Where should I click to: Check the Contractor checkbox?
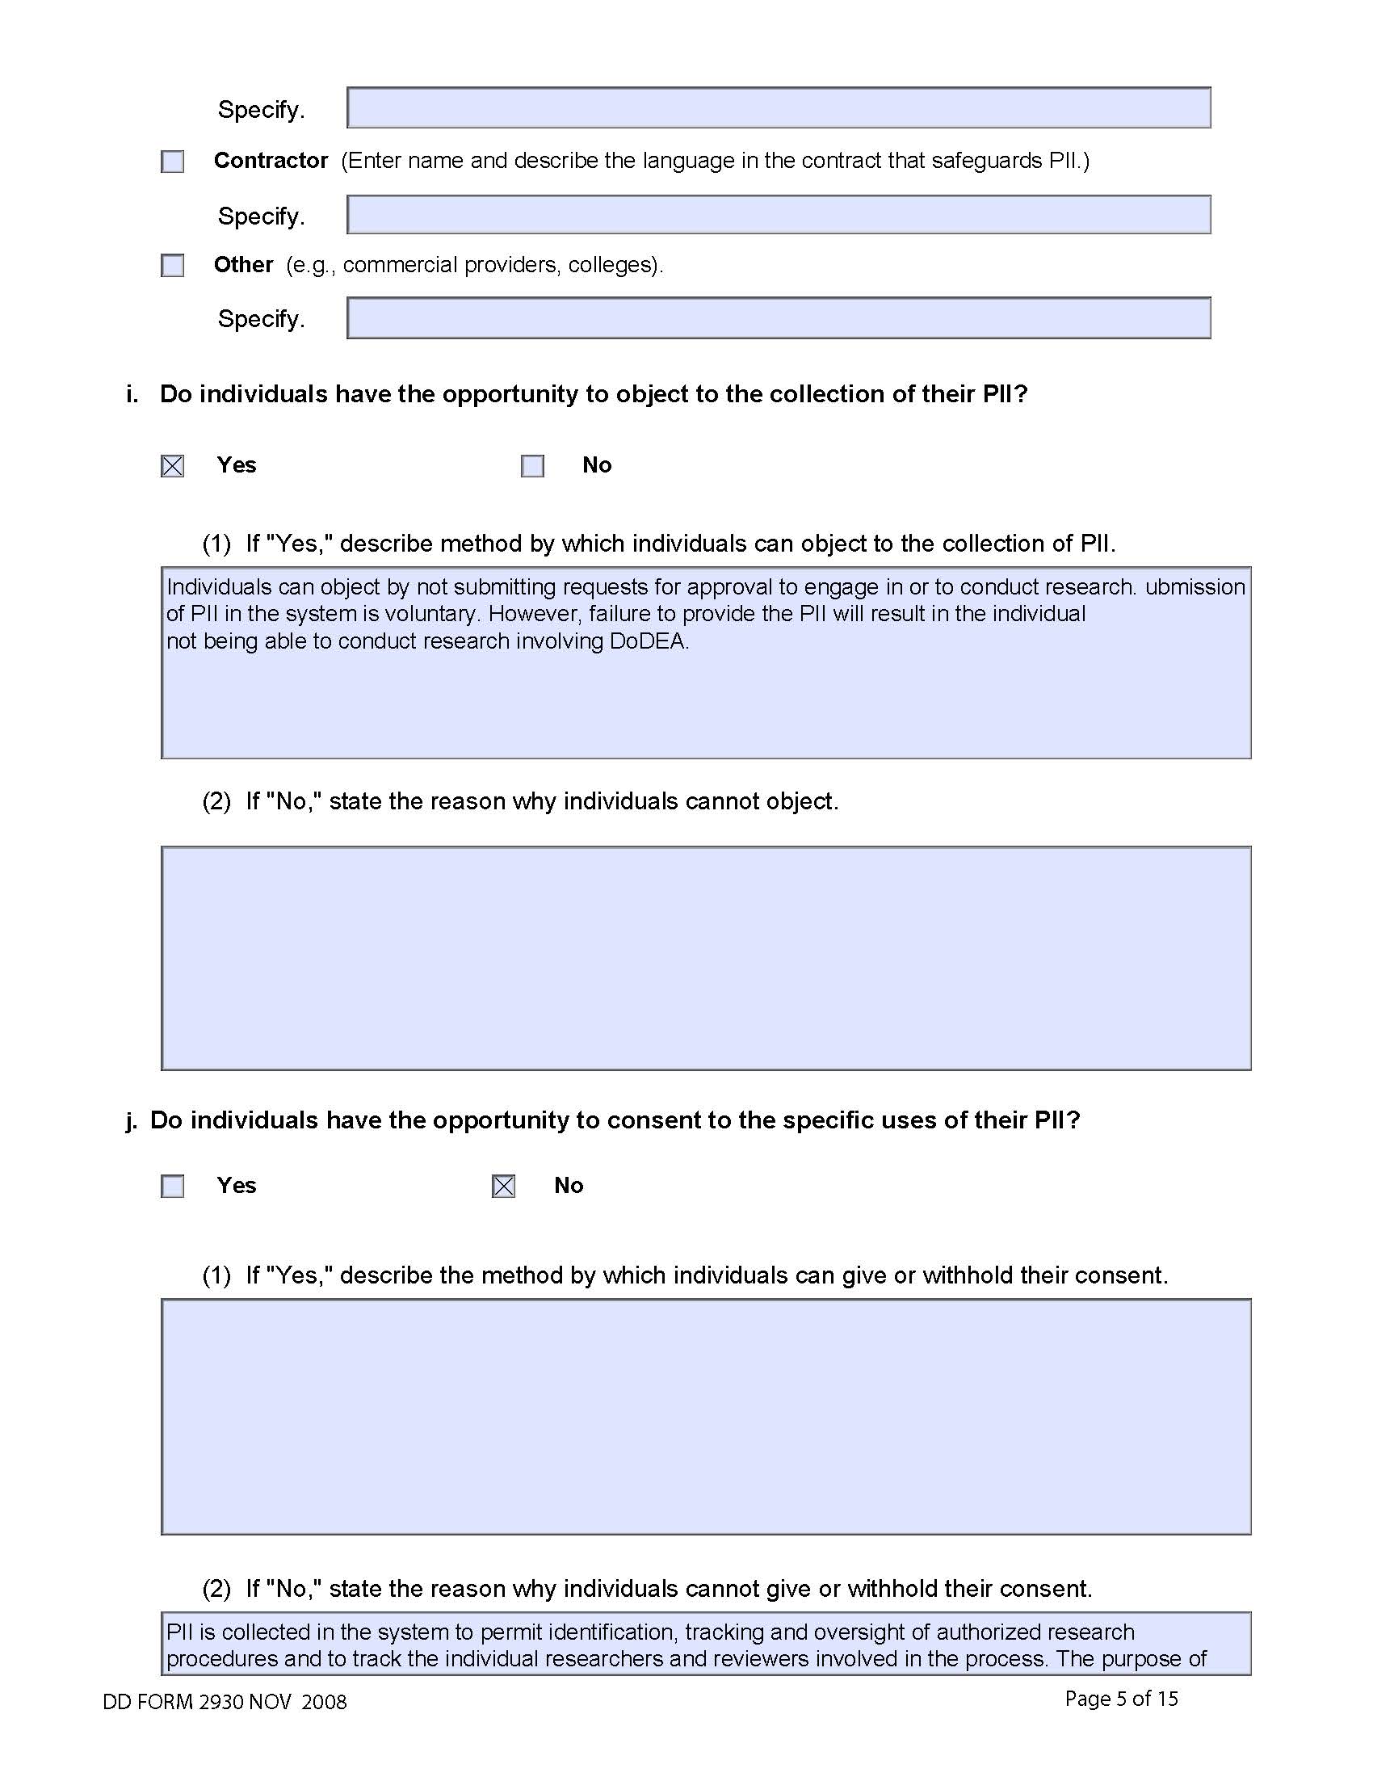[x=173, y=162]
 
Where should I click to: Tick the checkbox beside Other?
[x=173, y=265]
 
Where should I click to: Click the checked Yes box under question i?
[x=173, y=466]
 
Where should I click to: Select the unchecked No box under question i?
[x=533, y=466]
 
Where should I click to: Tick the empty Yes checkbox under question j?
[x=173, y=1187]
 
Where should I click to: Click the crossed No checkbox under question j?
[x=503, y=1187]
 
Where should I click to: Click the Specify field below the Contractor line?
[x=779, y=215]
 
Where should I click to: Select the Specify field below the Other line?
[x=779, y=318]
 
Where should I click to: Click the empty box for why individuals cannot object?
[x=706, y=958]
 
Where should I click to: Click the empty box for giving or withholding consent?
[x=706, y=1417]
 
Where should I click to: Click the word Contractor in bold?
[x=271, y=160]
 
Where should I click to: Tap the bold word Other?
[x=243, y=264]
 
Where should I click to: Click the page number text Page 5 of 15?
[x=1121, y=1698]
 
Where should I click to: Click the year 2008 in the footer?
[x=324, y=1701]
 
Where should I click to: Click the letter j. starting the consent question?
[x=132, y=1120]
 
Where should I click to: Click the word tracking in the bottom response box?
[x=724, y=1632]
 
